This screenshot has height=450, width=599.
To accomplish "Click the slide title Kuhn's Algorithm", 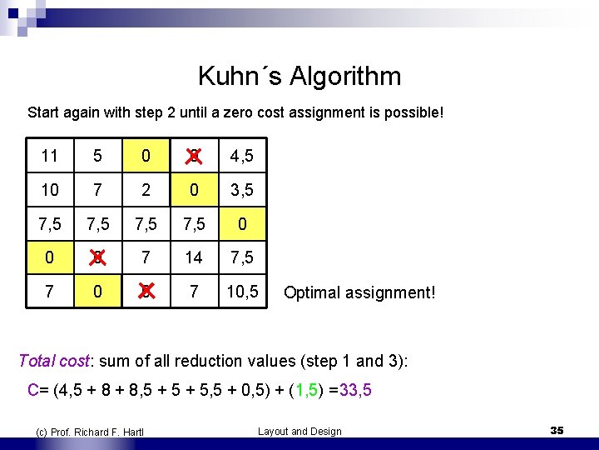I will [x=299, y=77].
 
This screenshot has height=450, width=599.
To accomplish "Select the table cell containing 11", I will [x=50, y=156].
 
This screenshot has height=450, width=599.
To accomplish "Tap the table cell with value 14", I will [x=194, y=258].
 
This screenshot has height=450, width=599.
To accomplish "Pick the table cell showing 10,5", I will [x=242, y=292].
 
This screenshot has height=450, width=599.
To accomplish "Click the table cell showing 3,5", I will [x=242, y=190].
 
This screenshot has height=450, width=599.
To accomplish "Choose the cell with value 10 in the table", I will [x=50, y=190].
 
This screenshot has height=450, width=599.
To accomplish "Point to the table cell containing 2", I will [x=146, y=190].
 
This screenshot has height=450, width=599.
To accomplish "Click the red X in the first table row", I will [x=194, y=156].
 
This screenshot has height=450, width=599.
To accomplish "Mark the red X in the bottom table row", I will [x=146, y=292].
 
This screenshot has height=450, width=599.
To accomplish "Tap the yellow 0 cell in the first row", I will [x=146, y=156].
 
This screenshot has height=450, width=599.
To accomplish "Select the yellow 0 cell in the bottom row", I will [x=97, y=292].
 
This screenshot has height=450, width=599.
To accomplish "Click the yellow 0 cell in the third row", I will [x=242, y=224].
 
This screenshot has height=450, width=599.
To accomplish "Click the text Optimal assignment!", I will [x=359, y=293].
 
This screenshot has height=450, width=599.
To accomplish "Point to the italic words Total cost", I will [x=52, y=361].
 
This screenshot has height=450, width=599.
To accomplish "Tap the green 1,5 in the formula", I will [x=311, y=388].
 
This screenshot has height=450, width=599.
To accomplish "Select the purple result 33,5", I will [x=354, y=388].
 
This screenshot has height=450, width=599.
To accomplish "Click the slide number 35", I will [x=557, y=430].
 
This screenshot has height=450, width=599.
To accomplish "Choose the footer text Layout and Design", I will [x=299, y=431].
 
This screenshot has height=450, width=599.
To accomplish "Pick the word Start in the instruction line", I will [x=43, y=112].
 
